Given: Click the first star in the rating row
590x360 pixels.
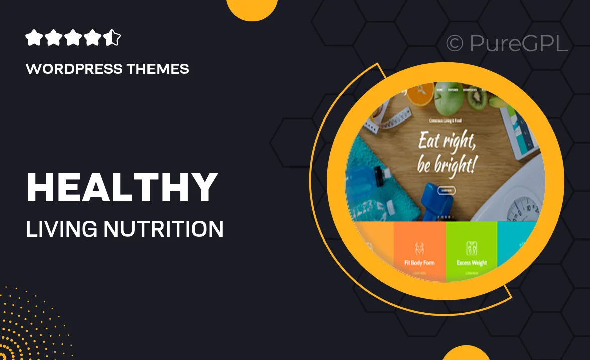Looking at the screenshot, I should (x=33, y=38).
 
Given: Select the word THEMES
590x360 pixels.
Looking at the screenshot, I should (x=162, y=69).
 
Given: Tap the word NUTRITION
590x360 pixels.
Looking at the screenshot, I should (x=164, y=229).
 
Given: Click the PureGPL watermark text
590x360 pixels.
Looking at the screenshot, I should (x=519, y=44).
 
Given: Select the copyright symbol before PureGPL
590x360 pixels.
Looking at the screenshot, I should (x=455, y=44).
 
